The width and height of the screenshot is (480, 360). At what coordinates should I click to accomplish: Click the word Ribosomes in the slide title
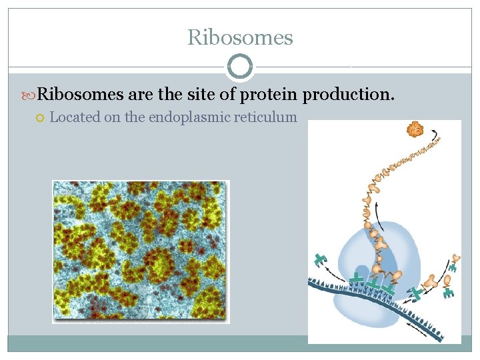click(x=240, y=37)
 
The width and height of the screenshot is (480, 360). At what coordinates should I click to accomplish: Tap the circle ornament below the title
click(x=240, y=67)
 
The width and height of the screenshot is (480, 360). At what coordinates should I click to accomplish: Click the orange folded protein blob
click(x=416, y=129)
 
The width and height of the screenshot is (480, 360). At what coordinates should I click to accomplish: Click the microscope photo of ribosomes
click(x=141, y=251)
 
